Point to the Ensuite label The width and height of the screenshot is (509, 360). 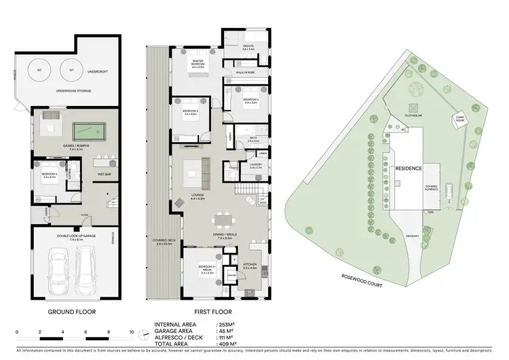click(248, 48)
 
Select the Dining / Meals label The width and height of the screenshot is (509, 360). click(223, 236)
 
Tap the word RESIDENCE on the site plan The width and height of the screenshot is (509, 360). click(409, 168)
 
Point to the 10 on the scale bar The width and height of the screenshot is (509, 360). click(131, 332)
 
